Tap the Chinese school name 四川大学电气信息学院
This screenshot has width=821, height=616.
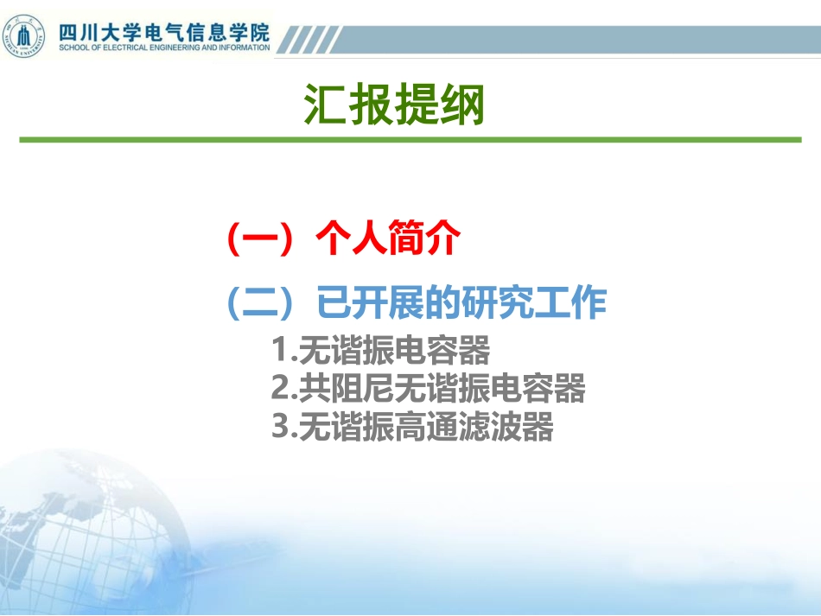163,31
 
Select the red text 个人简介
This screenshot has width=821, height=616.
385,238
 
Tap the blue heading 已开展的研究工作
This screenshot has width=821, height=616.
462,303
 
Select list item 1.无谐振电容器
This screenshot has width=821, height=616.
380,351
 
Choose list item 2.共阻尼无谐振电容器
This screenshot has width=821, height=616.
428,389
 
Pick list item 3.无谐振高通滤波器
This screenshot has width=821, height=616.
412,427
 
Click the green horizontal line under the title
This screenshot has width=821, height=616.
410,139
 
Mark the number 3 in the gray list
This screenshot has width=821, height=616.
278,427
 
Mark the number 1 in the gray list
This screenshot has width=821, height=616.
278,351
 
